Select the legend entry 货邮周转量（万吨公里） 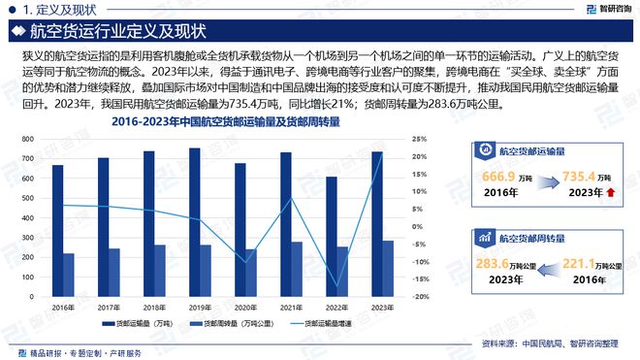point(239,324)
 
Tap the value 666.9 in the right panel point(496,179)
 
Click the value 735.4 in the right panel point(578,179)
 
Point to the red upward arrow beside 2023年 point(610,193)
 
